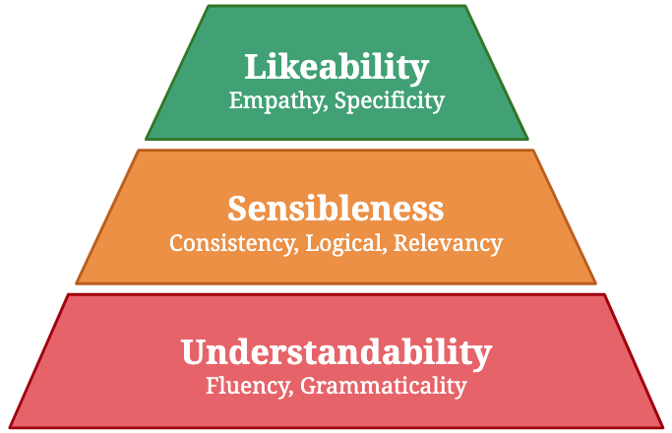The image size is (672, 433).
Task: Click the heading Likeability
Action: click(336, 68)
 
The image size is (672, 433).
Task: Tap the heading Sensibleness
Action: click(336, 209)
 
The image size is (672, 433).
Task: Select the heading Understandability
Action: click(336, 351)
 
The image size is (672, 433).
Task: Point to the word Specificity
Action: click(390, 100)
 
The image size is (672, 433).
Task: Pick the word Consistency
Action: click(230, 243)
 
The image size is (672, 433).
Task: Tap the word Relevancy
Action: click(448, 243)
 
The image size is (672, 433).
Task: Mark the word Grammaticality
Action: click(383, 386)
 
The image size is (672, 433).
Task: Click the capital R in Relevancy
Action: click(401, 242)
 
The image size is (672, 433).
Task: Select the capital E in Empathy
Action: click(235, 99)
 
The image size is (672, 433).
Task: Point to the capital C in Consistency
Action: click(176, 242)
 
